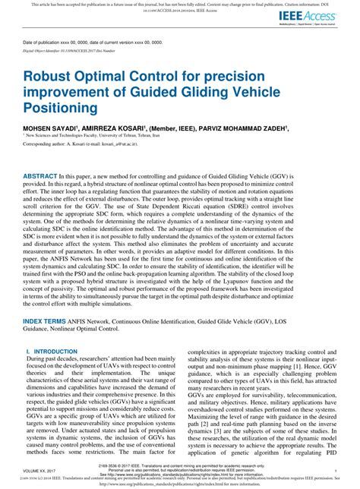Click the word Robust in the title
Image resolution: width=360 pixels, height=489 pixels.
[x=51, y=76]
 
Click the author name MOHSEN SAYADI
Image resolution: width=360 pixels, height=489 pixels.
[x=49, y=129]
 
